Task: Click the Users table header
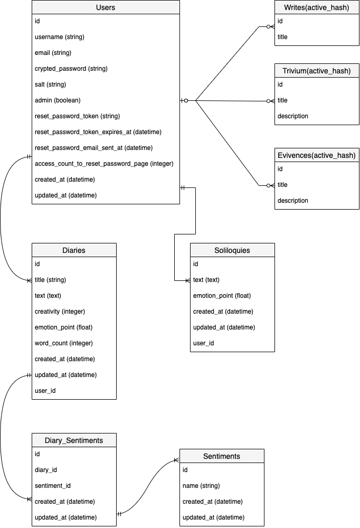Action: (x=106, y=7)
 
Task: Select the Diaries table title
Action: (x=74, y=250)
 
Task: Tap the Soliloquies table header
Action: (x=232, y=250)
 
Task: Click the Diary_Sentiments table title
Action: (x=74, y=440)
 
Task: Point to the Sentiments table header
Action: (x=222, y=456)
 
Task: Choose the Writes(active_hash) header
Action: (x=317, y=7)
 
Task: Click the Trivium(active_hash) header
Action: (x=317, y=71)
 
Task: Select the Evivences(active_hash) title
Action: (x=317, y=155)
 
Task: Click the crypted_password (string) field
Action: (x=71, y=69)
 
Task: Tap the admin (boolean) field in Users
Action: (x=58, y=100)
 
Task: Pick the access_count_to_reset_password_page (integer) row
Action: (x=104, y=164)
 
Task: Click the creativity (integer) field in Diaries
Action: (x=60, y=312)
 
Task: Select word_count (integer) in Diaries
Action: (x=64, y=343)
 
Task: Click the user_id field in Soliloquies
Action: (x=203, y=343)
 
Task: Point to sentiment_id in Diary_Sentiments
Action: (x=53, y=486)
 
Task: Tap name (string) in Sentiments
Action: (x=201, y=486)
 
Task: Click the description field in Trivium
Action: (x=292, y=116)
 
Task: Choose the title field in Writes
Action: (x=282, y=37)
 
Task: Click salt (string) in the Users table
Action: (x=50, y=84)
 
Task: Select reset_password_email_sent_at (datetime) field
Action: (x=93, y=148)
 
